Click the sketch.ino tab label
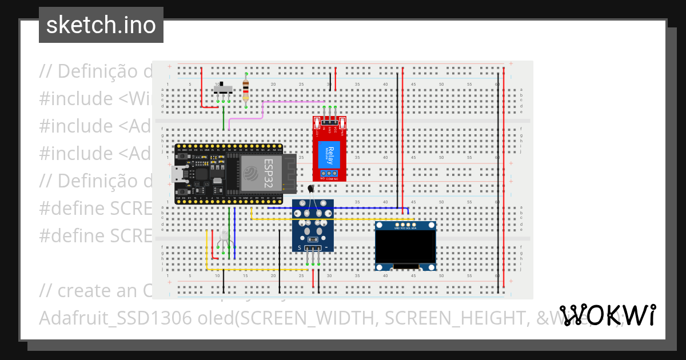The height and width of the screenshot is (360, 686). pyautogui.click(x=101, y=25)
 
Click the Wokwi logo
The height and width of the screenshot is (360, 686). pyautogui.click(x=607, y=315)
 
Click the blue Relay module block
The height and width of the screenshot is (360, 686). pyautogui.click(x=333, y=154)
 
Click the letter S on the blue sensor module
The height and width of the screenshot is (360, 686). pyautogui.click(x=299, y=247)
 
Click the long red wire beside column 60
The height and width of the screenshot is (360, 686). pyautogui.click(x=504, y=171)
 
